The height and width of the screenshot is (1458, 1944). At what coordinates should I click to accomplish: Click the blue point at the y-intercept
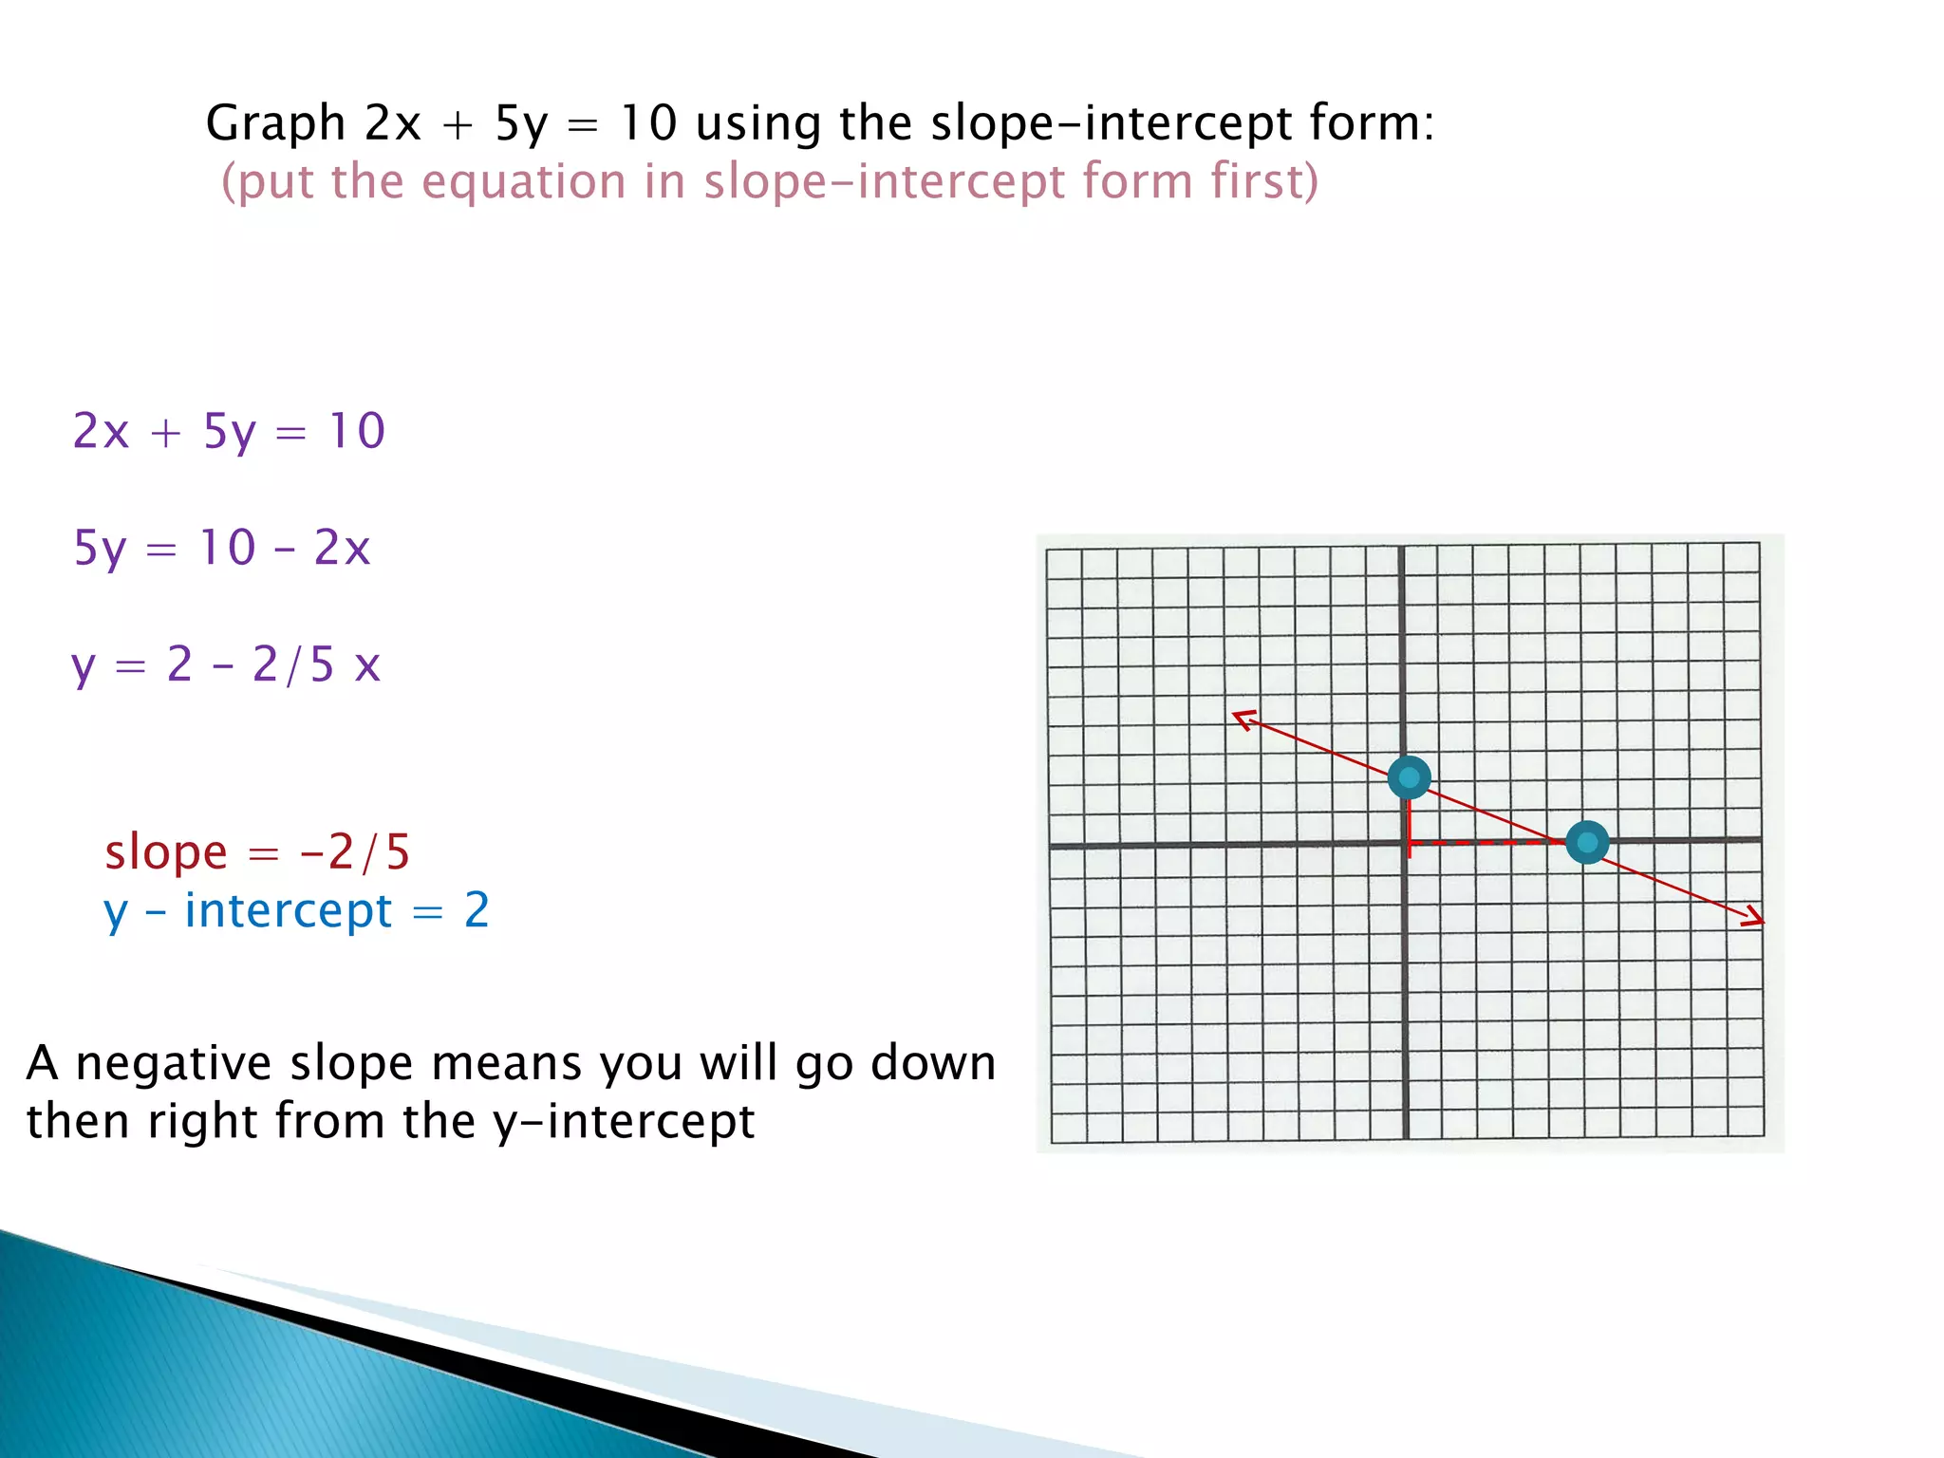coord(1409,778)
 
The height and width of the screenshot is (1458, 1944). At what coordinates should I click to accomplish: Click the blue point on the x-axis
coord(1587,842)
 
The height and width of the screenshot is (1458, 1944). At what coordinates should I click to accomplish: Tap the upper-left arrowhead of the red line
coord(1243,719)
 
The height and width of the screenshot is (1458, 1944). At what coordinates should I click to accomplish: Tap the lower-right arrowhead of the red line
coord(1753,918)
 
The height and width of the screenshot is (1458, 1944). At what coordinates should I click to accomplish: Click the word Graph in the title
coord(275,123)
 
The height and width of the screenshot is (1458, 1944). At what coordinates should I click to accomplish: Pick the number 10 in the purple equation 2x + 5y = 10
coord(357,431)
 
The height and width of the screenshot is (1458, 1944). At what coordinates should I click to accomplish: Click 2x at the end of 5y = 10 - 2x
coord(342,548)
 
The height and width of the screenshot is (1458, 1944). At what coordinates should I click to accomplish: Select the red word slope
coord(166,852)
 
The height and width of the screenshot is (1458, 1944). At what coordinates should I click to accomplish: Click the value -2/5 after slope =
coord(355,852)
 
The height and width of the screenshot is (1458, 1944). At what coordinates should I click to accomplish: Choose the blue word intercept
coord(288,911)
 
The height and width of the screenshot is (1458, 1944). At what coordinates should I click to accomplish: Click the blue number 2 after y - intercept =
coord(477,910)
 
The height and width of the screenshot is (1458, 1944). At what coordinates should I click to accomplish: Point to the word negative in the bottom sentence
coord(174,1063)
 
